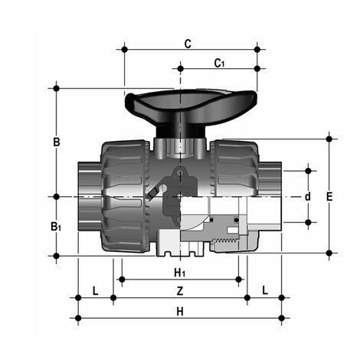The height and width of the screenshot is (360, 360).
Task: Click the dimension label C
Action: point(187,44)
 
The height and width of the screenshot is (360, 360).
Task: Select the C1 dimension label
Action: point(218,62)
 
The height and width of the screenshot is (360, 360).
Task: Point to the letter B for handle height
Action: point(56,142)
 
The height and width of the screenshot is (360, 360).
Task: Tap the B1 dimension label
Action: point(56,227)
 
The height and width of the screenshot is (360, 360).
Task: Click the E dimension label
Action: point(329,197)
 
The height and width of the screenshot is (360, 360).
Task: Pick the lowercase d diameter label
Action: point(308,197)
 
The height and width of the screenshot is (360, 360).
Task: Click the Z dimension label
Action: point(179,291)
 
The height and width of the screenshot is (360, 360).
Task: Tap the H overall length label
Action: point(179,311)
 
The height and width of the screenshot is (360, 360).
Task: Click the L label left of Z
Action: point(95,291)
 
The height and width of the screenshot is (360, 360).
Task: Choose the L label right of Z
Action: point(263,291)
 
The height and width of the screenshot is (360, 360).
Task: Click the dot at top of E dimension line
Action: point(329,139)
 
